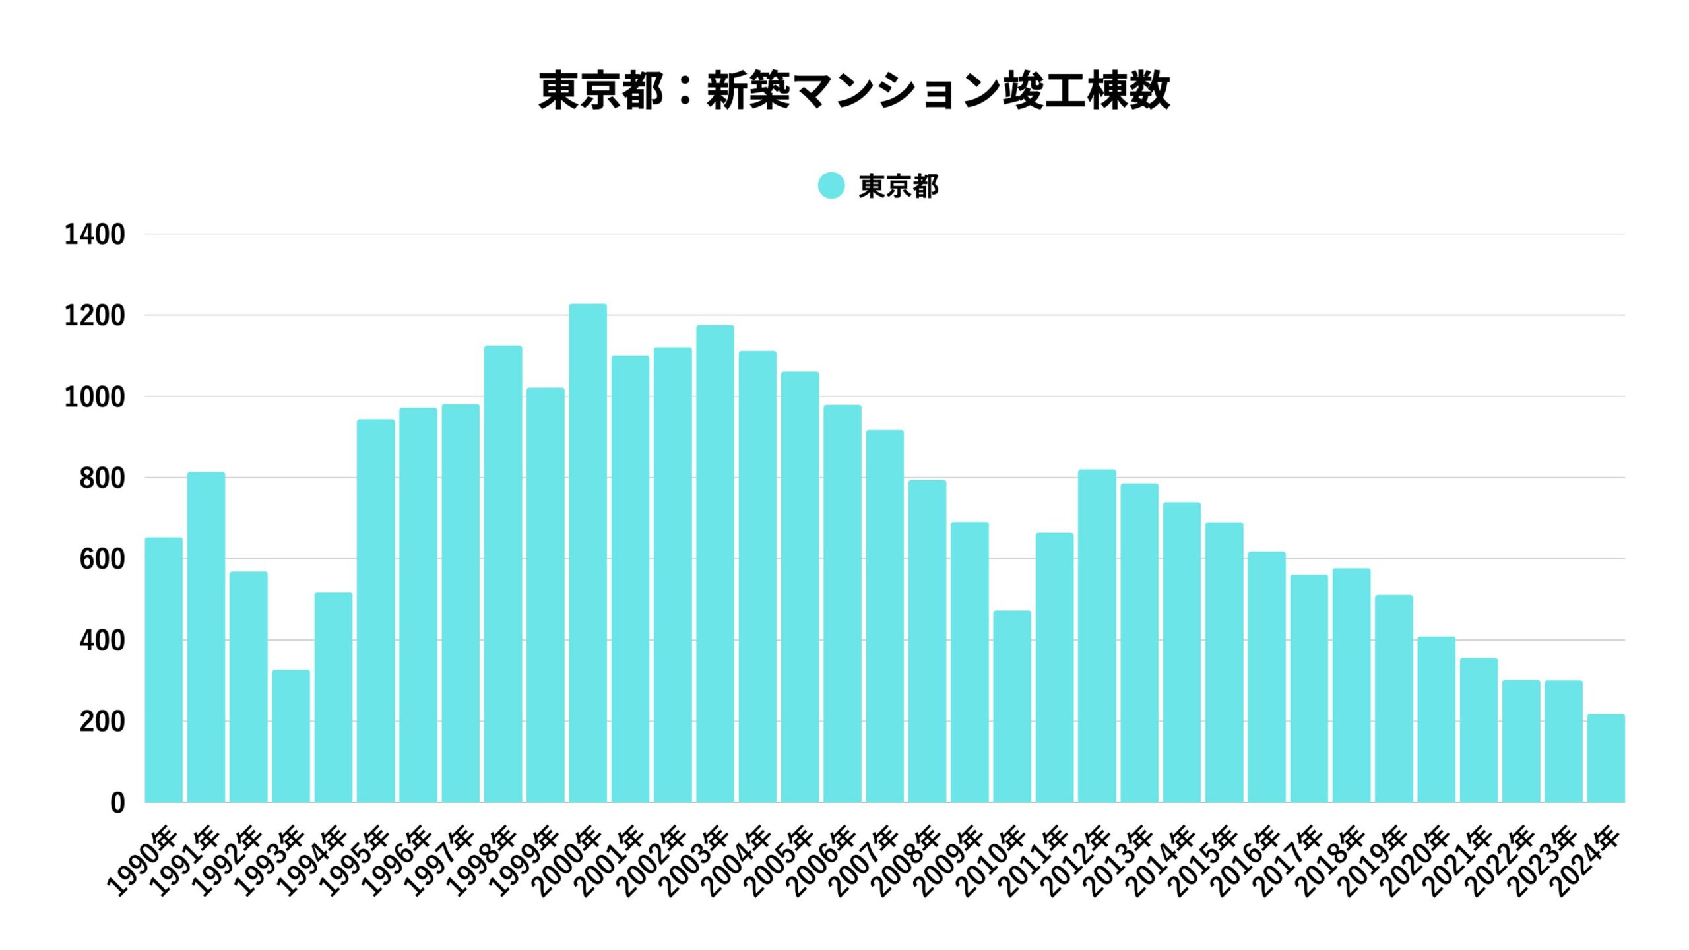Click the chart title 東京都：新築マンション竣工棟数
854,90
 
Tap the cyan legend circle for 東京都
831,185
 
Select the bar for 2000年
588,554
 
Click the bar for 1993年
291,736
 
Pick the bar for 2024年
1606,759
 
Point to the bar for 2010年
1012,707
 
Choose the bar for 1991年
206,637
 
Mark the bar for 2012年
1097,636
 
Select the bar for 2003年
715,564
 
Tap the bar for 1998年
503,574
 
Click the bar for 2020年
1436,720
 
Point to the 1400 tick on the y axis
94,235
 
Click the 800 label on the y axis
102,478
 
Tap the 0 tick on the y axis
117,803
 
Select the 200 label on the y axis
102,722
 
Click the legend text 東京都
898,187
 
